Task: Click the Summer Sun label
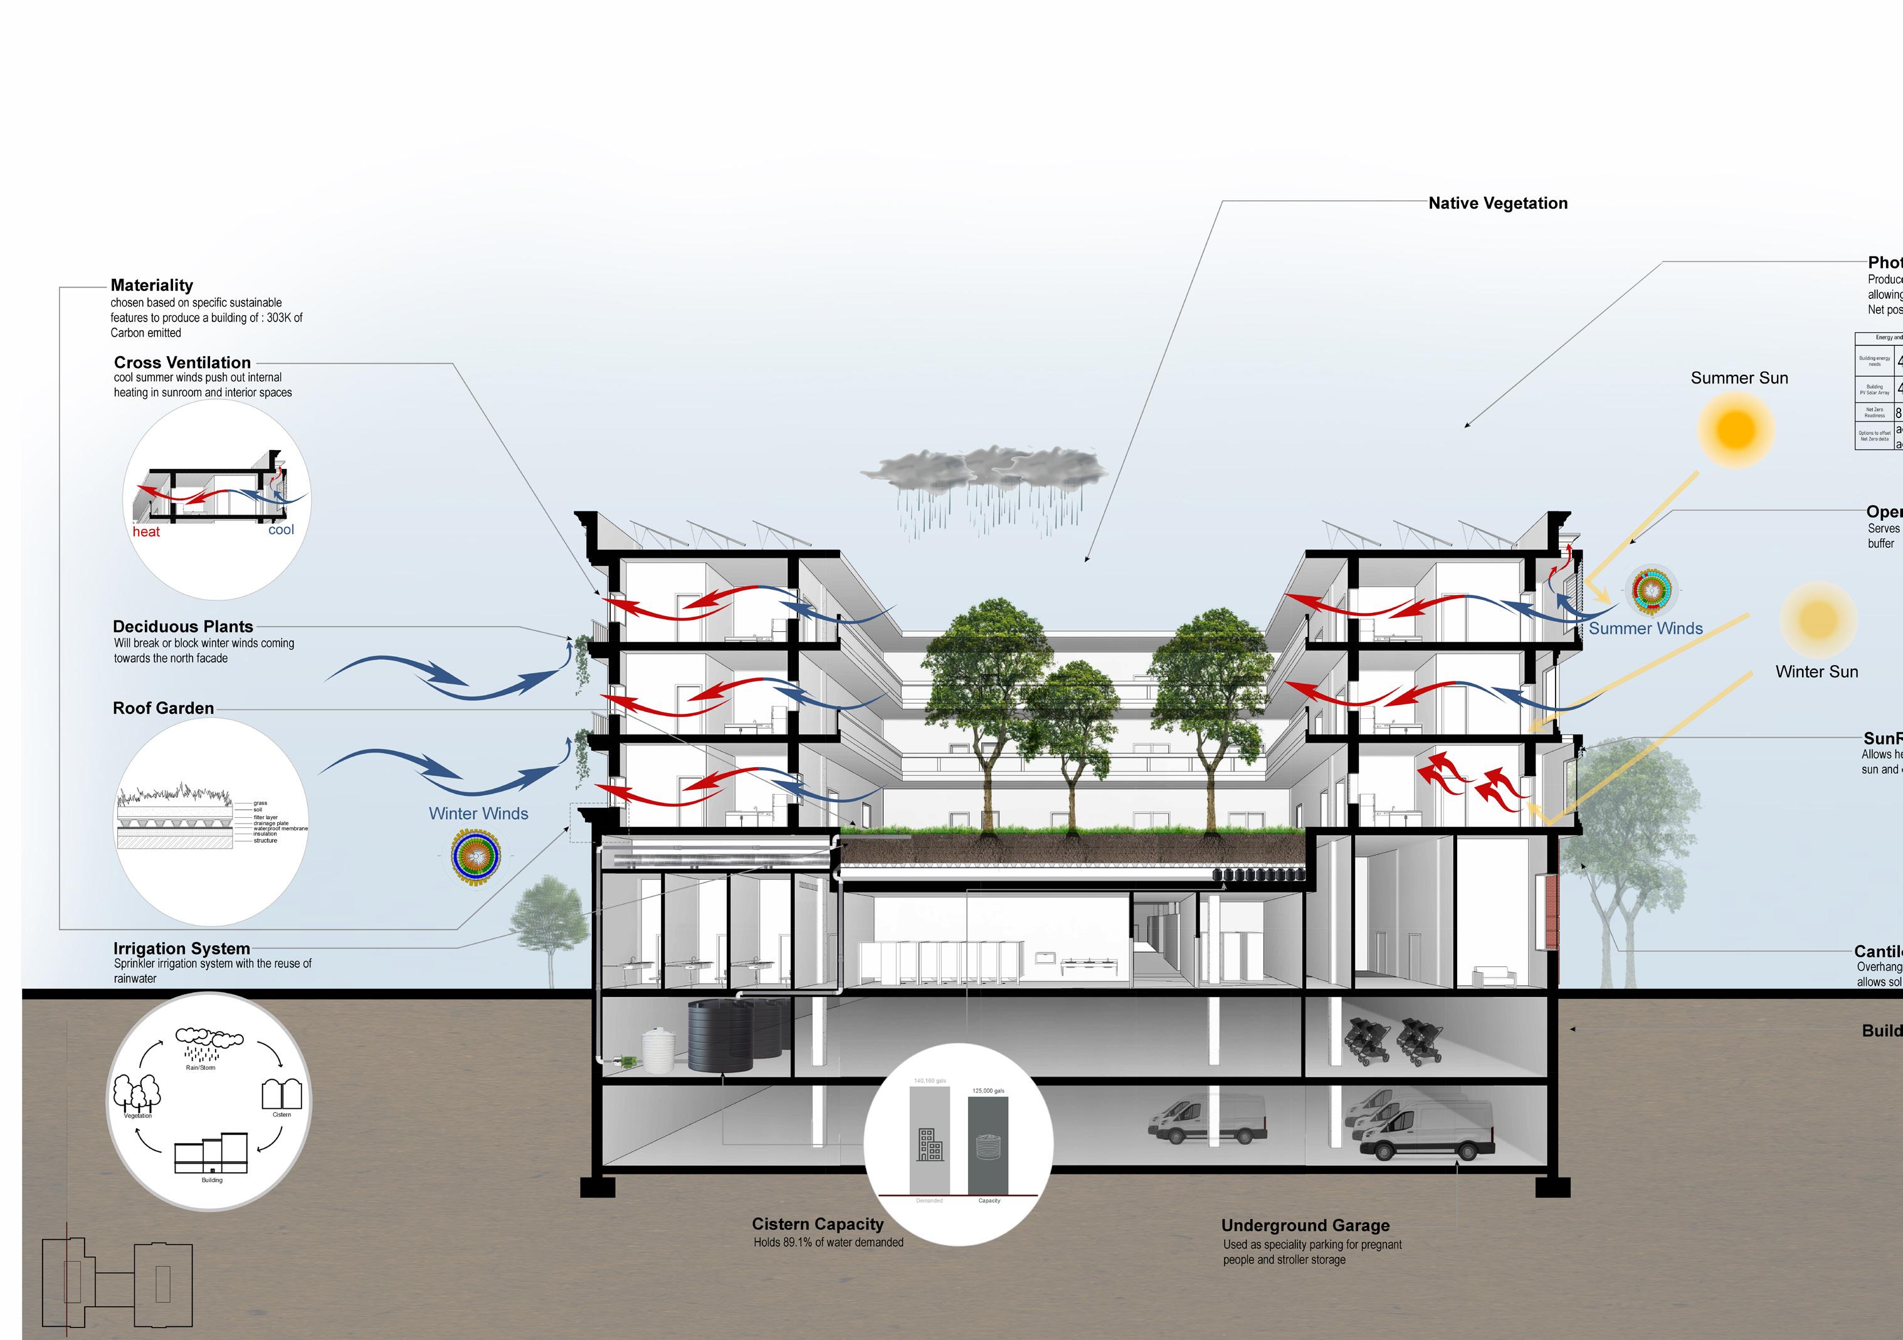tap(1739, 378)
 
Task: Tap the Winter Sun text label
tap(1816, 671)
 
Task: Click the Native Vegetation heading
tap(1498, 203)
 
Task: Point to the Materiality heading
tap(152, 285)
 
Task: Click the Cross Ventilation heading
tap(182, 362)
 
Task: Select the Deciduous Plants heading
tap(183, 627)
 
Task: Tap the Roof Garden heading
tap(163, 708)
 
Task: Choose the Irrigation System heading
tap(181, 948)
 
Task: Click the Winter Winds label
tap(478, 814)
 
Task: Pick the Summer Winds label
tap(1645, 628)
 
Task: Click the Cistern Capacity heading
tap(817, 1224)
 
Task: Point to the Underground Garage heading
tap(1305, 1226)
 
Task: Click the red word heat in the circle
tap(146, 532)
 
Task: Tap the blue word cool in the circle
tap(281, 530)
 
